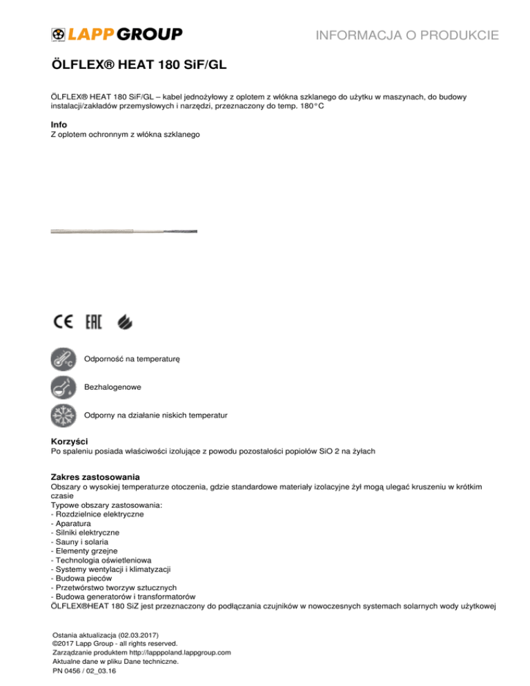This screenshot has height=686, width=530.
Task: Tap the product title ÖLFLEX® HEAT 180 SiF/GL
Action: (x=139, y=66)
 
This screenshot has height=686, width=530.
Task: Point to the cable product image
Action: (x=124, y=231)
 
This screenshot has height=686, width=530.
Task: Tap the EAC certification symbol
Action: (x=94, y=322)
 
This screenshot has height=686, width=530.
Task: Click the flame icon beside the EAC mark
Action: (x=126, y=322)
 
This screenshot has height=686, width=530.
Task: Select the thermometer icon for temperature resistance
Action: (x=66, y=360)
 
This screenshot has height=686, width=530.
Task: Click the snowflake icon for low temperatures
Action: (x=66, y=416)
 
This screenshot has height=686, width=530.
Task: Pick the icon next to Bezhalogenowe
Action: (x=66, y=389)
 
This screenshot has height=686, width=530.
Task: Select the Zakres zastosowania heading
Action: (x=96, y=477)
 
